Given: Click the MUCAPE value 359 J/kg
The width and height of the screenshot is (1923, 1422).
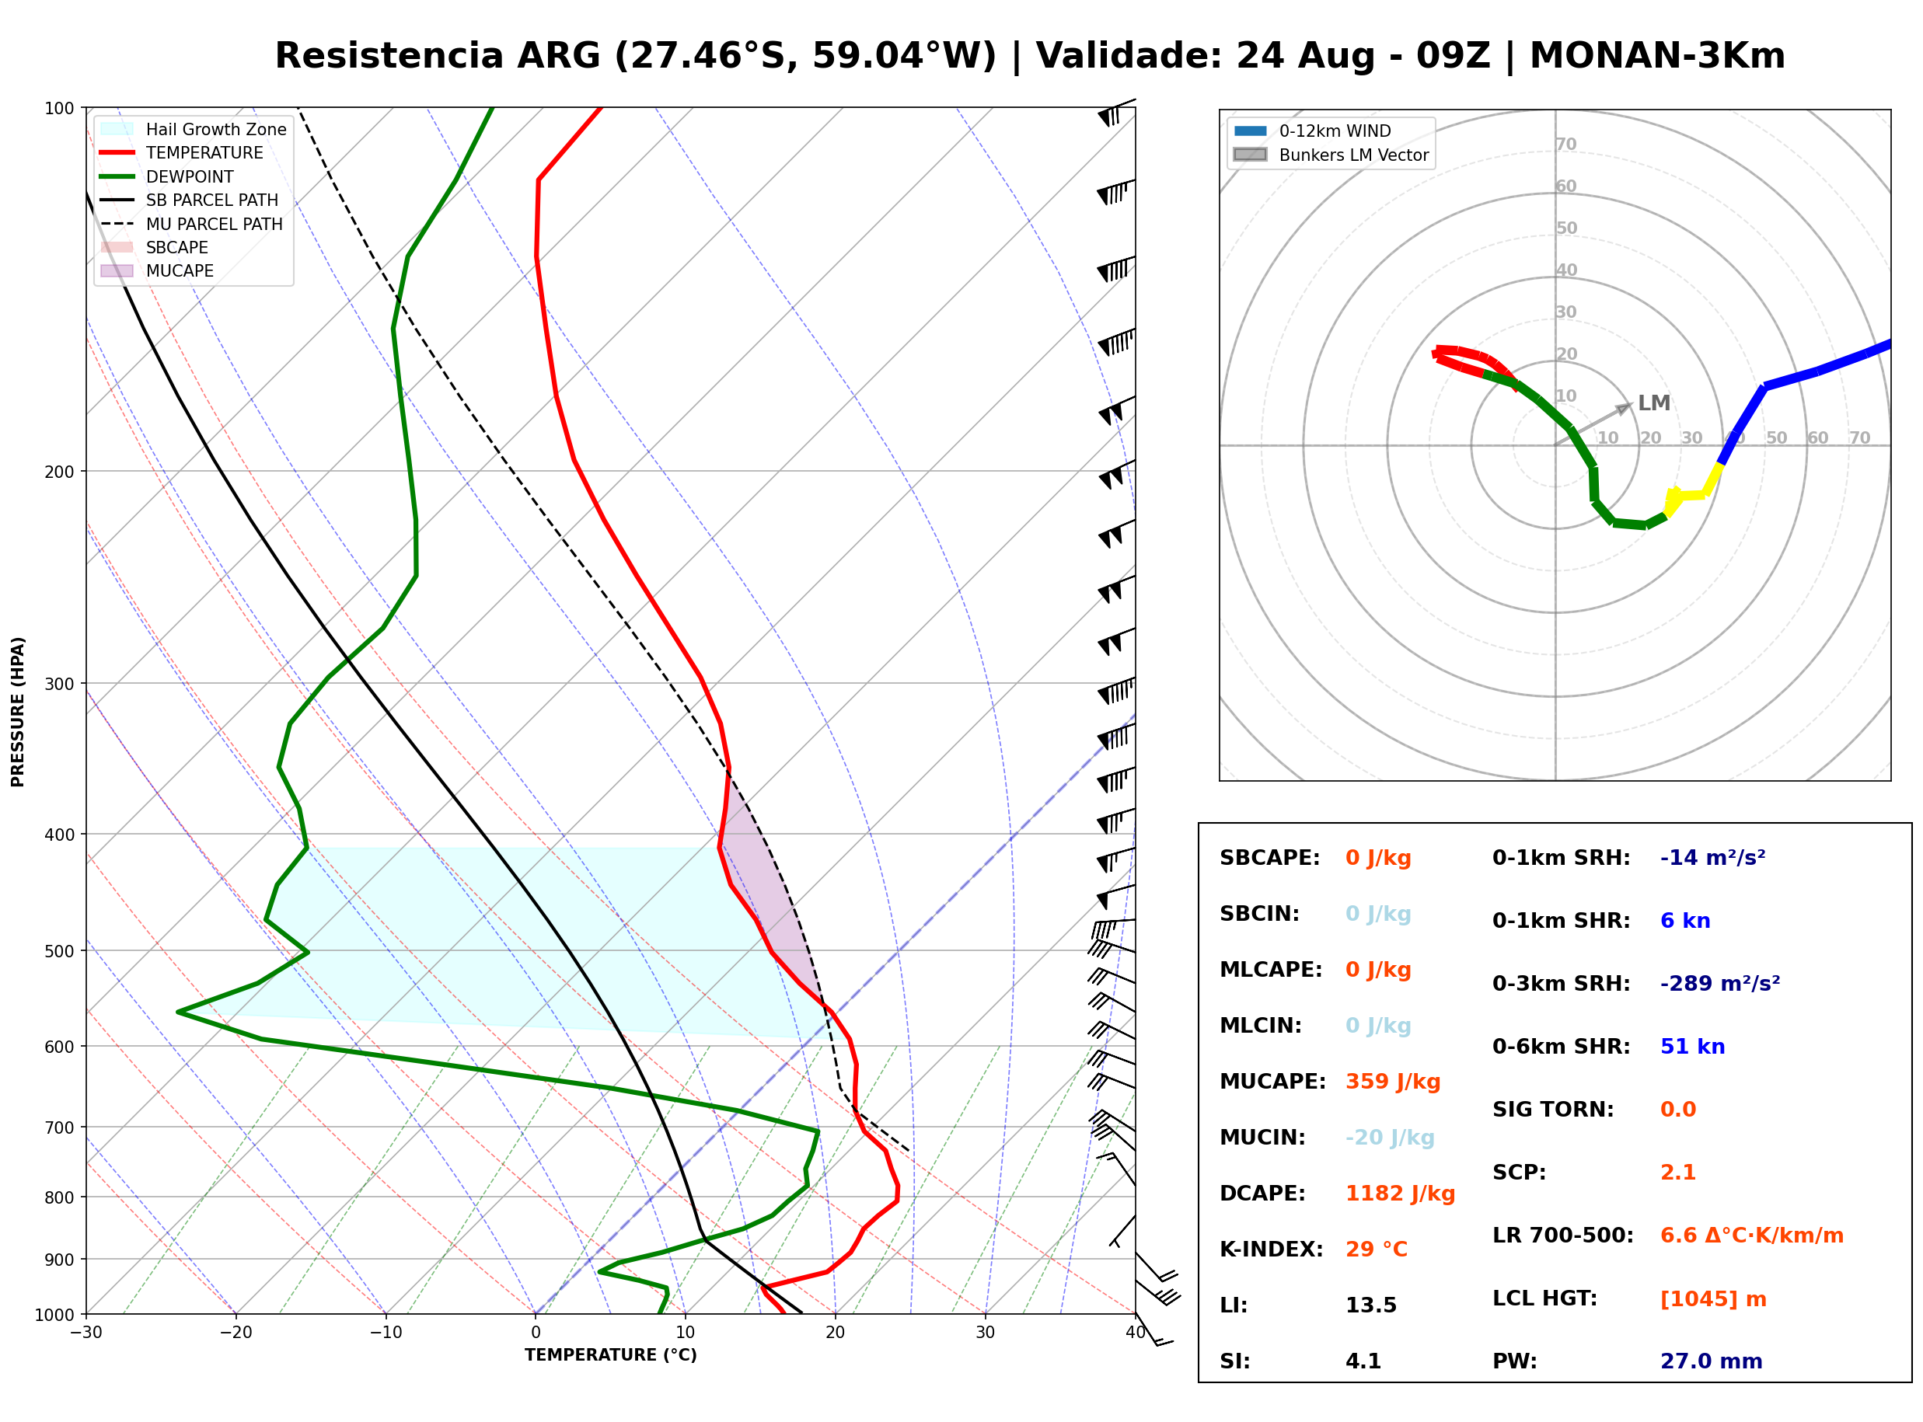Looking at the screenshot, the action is coord(1393,1082).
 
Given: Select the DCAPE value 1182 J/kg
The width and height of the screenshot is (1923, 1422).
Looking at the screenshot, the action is coord(1400,1194).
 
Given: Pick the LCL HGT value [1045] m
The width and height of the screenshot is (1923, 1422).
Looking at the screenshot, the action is coord(1713,1299).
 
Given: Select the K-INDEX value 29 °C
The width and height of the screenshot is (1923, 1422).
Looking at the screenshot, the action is coord(1377,1249).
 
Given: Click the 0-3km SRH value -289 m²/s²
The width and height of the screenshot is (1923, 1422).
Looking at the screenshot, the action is coord(1720,983).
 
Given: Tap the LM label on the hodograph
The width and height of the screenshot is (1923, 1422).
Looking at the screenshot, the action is coord(1653,403).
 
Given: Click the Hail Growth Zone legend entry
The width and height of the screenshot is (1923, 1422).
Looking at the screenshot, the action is coord(194,129).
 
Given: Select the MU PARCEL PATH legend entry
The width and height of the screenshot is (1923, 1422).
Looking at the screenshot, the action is coord(192,224).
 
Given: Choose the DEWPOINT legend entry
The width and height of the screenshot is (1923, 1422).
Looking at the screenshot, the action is coord(167,176).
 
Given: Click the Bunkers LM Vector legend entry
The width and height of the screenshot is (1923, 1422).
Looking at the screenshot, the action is coord(1331,155).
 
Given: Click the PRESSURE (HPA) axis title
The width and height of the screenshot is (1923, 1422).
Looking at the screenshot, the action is coord(18,712).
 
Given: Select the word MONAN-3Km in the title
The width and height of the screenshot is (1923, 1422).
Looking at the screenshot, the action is coord(1657,56).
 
